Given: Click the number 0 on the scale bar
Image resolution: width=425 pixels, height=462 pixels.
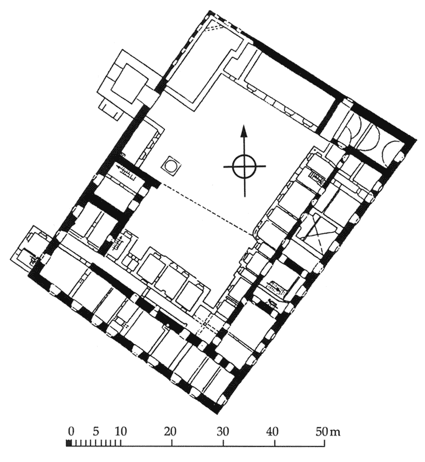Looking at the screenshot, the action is tap(70, 432).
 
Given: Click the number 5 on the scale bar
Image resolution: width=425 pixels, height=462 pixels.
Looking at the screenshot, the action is tap(95, 432).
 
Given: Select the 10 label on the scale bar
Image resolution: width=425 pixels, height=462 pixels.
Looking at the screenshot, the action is tap(120, 432).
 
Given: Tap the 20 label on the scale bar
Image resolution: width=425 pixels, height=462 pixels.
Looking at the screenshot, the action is tap(170, 432).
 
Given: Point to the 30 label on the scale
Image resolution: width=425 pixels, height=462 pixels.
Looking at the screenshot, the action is tap(222, 432).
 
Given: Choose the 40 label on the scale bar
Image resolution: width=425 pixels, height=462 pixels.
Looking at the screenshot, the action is tap(272, 432).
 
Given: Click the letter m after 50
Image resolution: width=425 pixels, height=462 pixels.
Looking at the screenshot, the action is tap(336, 433).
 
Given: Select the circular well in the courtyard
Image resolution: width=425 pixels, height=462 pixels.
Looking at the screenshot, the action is tap(171, 166).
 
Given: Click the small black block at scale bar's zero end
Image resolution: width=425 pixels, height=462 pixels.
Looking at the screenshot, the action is tap(69, 443).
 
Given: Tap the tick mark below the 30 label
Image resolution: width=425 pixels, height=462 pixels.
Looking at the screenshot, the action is tap(223, 443).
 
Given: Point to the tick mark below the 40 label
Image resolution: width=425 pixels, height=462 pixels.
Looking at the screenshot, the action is tap(275, 443).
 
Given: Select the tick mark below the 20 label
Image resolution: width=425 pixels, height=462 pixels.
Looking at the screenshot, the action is tap(172, 443).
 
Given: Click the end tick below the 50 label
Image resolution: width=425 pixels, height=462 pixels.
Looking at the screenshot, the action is tap(325, 443).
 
